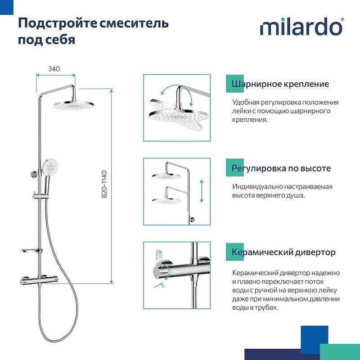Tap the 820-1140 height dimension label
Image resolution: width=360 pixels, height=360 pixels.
pos(105,185)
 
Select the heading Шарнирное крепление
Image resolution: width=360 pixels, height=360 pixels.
pos(280,84)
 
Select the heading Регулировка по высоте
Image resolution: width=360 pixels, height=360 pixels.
pos(281,168)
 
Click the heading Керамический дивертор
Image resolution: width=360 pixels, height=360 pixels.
pos(283,252)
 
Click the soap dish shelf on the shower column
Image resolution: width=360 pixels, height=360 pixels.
pos(31,251)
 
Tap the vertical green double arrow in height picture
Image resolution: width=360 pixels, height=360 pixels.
pos(201,191)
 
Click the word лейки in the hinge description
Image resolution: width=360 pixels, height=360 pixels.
pos(241,111)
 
